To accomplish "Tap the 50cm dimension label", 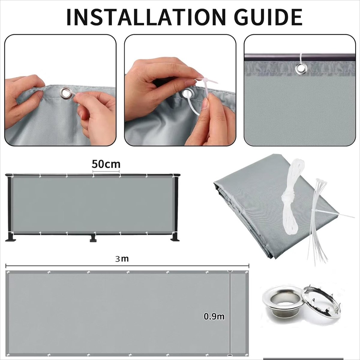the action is click(x=106, y=164).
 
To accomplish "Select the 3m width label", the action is click(x=122, y=259).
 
